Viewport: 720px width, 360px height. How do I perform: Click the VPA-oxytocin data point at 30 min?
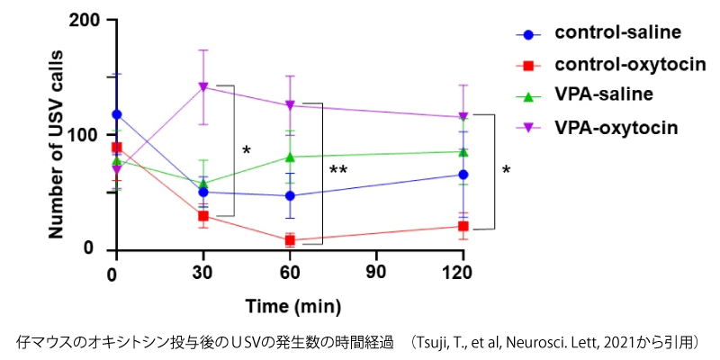point(203,86)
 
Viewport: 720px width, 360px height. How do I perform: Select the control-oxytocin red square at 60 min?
point(290,239)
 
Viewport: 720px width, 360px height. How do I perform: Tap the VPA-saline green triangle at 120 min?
point(463,151)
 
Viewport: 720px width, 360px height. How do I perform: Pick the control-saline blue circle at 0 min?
point(116,114)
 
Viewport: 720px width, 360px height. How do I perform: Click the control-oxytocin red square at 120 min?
point(463,226)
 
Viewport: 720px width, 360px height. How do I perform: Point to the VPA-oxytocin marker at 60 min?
point(290,105)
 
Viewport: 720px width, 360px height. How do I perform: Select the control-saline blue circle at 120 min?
point(463,175)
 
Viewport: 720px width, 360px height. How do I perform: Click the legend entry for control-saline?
point(617,33)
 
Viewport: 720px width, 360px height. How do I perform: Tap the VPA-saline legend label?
point(604,94)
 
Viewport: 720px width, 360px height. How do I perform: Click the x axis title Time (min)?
point(289,306)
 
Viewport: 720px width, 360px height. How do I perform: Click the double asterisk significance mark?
point(338,170)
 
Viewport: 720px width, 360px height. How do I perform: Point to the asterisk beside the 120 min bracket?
point(506,170)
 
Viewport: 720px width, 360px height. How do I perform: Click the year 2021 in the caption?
point(634,343)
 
